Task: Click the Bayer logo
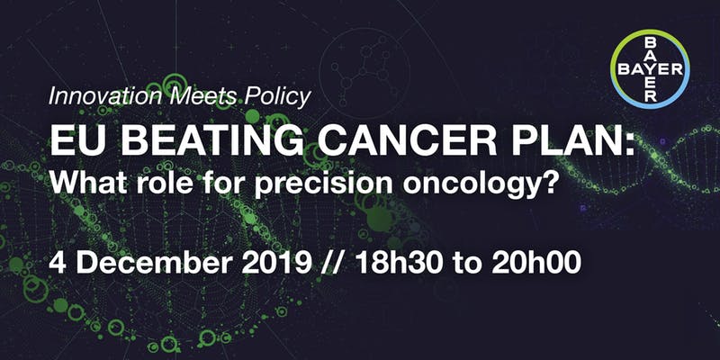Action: [x=649, y=69]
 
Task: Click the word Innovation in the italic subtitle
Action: [x=105, y=96]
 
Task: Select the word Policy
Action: [x=278, y=97]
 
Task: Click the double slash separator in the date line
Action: [x=331, y=264]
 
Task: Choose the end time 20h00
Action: [x=536, y=264]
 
